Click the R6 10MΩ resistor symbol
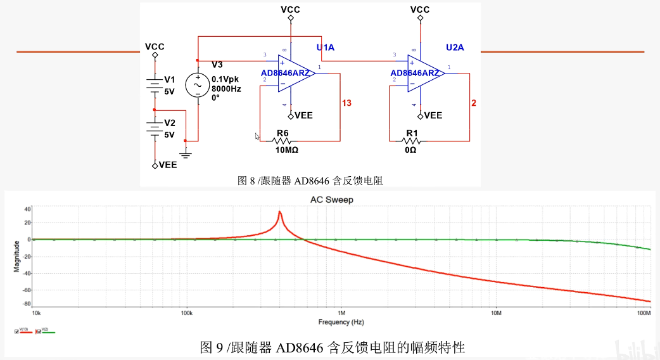pos(282,141)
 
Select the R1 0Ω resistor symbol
pos(412,141)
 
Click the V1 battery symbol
pos(155,84)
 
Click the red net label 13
pos(346,103)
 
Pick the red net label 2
pos(474,103)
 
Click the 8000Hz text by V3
pos(226,89)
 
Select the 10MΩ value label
pos(287,150)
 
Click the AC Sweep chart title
pos(331,200)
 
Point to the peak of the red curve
pos(279,212)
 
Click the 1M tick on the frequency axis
pos(341,313)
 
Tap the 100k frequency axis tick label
pos(186,313)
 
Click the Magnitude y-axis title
pos(18,257)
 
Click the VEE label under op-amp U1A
pos(303,115)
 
